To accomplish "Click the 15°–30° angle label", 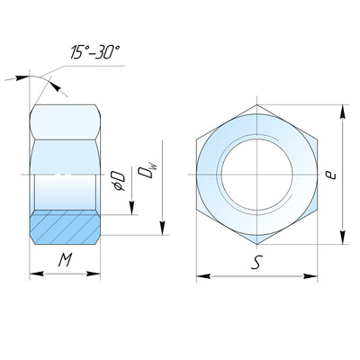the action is click(95, 52).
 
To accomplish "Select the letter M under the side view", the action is click(65, 260).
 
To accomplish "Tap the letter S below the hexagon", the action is click(256, 262).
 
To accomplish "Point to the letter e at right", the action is click(331, 175).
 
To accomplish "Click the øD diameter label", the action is click(119, 181).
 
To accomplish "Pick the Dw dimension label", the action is click(148, 171).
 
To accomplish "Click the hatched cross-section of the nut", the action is click(65, 228).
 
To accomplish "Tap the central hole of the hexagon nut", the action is click(256, 175).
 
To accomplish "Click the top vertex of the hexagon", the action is click(257, 104).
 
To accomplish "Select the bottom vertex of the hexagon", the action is click(257, 245).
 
